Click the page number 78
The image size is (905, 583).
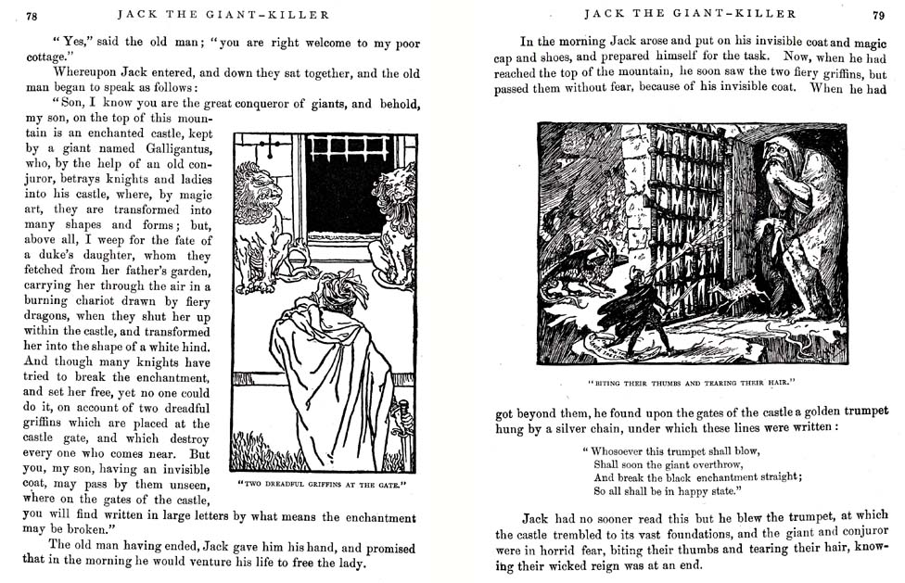click(32, 16)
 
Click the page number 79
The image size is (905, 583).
click(878, 15)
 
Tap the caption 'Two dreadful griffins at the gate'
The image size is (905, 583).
click(321, 485)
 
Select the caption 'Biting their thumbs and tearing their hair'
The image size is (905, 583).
click(693, 381)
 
